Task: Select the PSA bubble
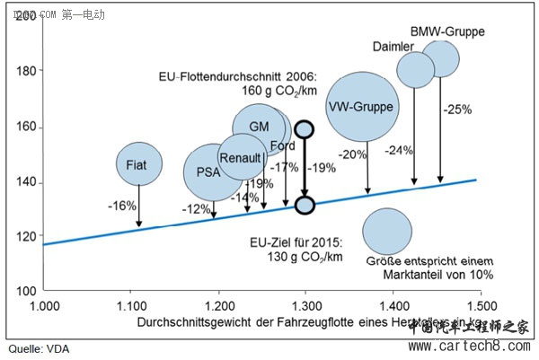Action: click(x=208, y=171)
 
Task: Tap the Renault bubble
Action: click(x=240, y=159)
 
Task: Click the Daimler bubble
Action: click(x=415, y=69)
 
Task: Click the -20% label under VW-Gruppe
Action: click(x=354, y=154)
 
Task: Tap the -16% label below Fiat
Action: click(x=122, y=206)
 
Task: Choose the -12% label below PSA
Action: click(x=195, y=209)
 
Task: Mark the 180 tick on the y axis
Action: click(x=29, y=71)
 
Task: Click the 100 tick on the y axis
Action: click(x=29, y=291)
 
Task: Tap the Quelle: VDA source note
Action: click(x=37, y=348)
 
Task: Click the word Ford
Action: click(x=281, y=146)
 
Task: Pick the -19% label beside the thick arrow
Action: click(x=322, y=167)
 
